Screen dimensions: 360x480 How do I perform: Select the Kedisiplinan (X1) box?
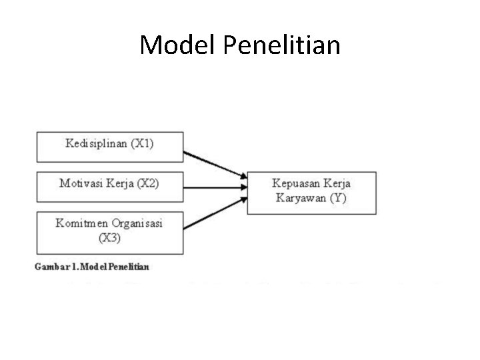pyautogui.click(x=109, y=146)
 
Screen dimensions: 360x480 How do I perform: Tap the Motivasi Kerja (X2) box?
pyautogui.click(x=109, y=187)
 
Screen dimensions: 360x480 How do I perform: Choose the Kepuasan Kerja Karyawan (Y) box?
pyautogui.click(x=311, y=192)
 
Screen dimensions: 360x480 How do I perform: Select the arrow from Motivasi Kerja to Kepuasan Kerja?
pyautogui.click(x=215, y=187)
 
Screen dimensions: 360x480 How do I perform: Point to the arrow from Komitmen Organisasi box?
pyautogui.click(x=215, y=211)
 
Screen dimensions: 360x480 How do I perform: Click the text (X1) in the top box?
pyautogui.click(x=141, y=143)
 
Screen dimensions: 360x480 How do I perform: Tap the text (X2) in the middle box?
pyautogui.click(x=146, y=183)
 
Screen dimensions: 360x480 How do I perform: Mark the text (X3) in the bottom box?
pyautogui.click(x=109, y=237)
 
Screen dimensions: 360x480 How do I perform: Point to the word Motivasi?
pyautogui.click(x=79, y=183)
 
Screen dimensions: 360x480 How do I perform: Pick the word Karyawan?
pyautogui.click(x=299, y=199)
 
